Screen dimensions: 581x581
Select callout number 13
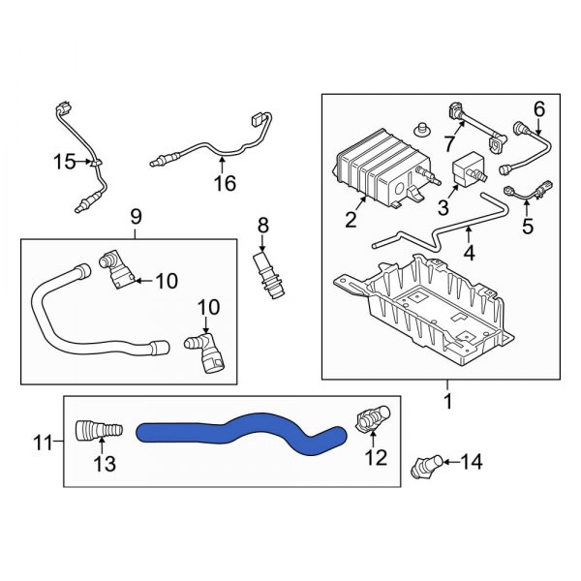tap(104, 465)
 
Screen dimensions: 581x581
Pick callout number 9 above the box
tap(135, 217)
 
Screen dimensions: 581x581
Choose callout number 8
tap(261, 227)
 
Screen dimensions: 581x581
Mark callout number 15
tap(64, 162)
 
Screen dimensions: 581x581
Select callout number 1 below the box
tap(447, 399)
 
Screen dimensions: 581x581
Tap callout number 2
tap(351, 219)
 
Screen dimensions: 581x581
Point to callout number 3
tap(443, 207)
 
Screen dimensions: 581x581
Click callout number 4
tap(469, 256)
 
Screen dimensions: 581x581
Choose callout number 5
tap(528, 228)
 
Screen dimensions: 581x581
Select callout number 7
tap(448, 143)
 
